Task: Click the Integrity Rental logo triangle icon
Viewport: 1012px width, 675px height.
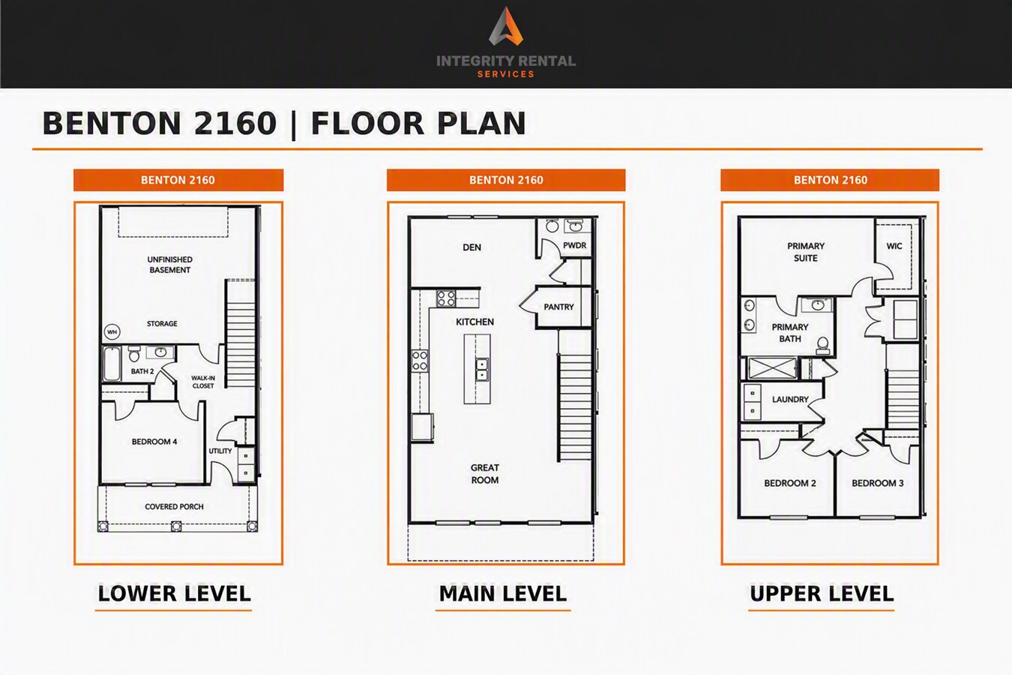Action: click(506, 26)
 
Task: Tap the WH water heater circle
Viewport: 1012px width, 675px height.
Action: click(112, 331)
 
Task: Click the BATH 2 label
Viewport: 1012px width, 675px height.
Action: click(142, 371)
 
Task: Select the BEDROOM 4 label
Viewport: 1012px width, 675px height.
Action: click(154, 442)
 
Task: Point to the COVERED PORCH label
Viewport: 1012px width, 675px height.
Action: click(174, 507)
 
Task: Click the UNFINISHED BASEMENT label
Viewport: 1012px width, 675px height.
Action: click(170, 265)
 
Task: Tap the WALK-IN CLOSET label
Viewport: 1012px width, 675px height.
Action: click(203, 382)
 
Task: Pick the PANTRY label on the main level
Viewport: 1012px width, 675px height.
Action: click(559, 307)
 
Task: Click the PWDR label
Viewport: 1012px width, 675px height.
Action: click(575, 245)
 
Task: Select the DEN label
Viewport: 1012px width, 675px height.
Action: click(472, 247)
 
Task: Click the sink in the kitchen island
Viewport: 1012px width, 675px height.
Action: click(482, 369)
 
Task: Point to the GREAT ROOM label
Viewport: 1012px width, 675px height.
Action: click(485, 474)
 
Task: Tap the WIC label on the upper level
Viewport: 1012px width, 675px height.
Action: click(894, 246)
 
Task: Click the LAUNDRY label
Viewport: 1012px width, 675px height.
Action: click(790, 399)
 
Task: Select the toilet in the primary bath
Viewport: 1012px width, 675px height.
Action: click(822, 346)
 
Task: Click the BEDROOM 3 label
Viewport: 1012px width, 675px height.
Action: click(878, 483)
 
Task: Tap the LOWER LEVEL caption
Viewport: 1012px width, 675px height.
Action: click(174, 593)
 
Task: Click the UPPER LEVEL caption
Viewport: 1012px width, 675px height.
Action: click(822, 593)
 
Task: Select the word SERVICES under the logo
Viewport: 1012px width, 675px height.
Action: click(506, 74)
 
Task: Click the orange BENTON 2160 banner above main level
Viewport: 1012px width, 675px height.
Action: click(506, 180)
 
